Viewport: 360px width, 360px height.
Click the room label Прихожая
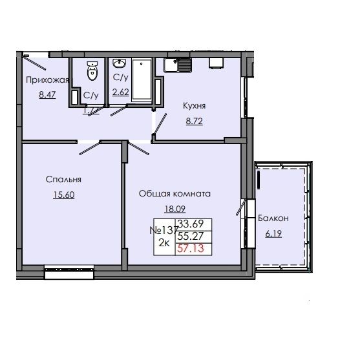(x=47, y=80)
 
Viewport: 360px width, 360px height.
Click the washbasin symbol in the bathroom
(x=120, y=64)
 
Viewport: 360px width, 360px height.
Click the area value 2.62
(x=120, y=92)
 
